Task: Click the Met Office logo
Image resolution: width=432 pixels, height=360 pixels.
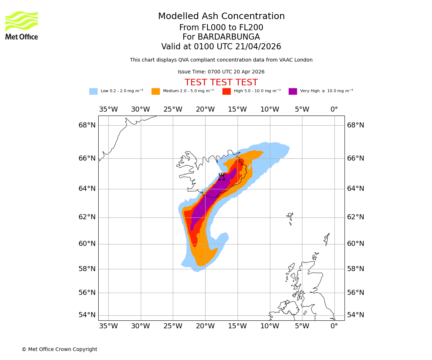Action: (22, 25)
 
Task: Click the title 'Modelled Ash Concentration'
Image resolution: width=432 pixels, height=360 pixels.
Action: (221, 17)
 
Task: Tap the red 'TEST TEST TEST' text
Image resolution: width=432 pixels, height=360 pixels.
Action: (221, 82)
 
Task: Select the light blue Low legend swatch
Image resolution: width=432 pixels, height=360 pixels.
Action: (93, 91)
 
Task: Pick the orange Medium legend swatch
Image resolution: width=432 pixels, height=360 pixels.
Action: (156, 91)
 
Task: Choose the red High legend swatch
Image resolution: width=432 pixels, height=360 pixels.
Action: (226, 91)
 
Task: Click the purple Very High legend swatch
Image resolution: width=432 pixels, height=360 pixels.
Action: (293, 91)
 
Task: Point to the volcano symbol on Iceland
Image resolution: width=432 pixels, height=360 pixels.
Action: (221, 177)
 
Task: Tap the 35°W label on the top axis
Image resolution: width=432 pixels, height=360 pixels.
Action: (108, 109)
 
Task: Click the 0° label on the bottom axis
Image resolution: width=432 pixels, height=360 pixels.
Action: (334, 326)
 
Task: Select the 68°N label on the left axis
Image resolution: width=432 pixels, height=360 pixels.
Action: (87, 125)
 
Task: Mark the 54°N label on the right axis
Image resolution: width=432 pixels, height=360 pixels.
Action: (356, 315)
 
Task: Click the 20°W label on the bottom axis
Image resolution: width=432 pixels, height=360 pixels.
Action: (205, 326)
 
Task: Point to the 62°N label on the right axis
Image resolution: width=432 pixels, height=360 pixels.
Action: (356, 217)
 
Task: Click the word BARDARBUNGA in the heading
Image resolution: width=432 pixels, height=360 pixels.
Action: (229, 37)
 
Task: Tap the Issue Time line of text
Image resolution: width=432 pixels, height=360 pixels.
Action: (221, 72)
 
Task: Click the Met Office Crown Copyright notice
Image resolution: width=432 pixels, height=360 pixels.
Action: (59, 349)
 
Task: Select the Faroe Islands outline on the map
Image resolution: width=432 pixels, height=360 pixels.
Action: (290, 218)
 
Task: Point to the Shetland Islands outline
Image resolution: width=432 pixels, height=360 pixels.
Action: (327, 239)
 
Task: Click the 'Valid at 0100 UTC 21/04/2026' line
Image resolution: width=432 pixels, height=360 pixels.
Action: (221, 47)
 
